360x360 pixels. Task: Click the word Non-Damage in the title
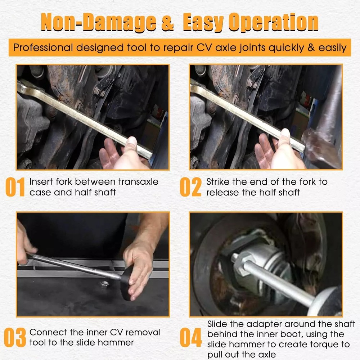coord(99,22)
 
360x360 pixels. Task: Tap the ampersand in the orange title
coord(168,22)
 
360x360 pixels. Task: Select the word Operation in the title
coord(274,22)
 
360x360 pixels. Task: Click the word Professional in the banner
coord(43,48)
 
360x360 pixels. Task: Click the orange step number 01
coord(15,187)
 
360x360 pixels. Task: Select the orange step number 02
coord(191,187)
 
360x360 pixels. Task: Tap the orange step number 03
coord(15,337)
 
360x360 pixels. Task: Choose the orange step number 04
coord(191,337)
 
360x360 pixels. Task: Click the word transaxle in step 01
coord(139,182)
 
